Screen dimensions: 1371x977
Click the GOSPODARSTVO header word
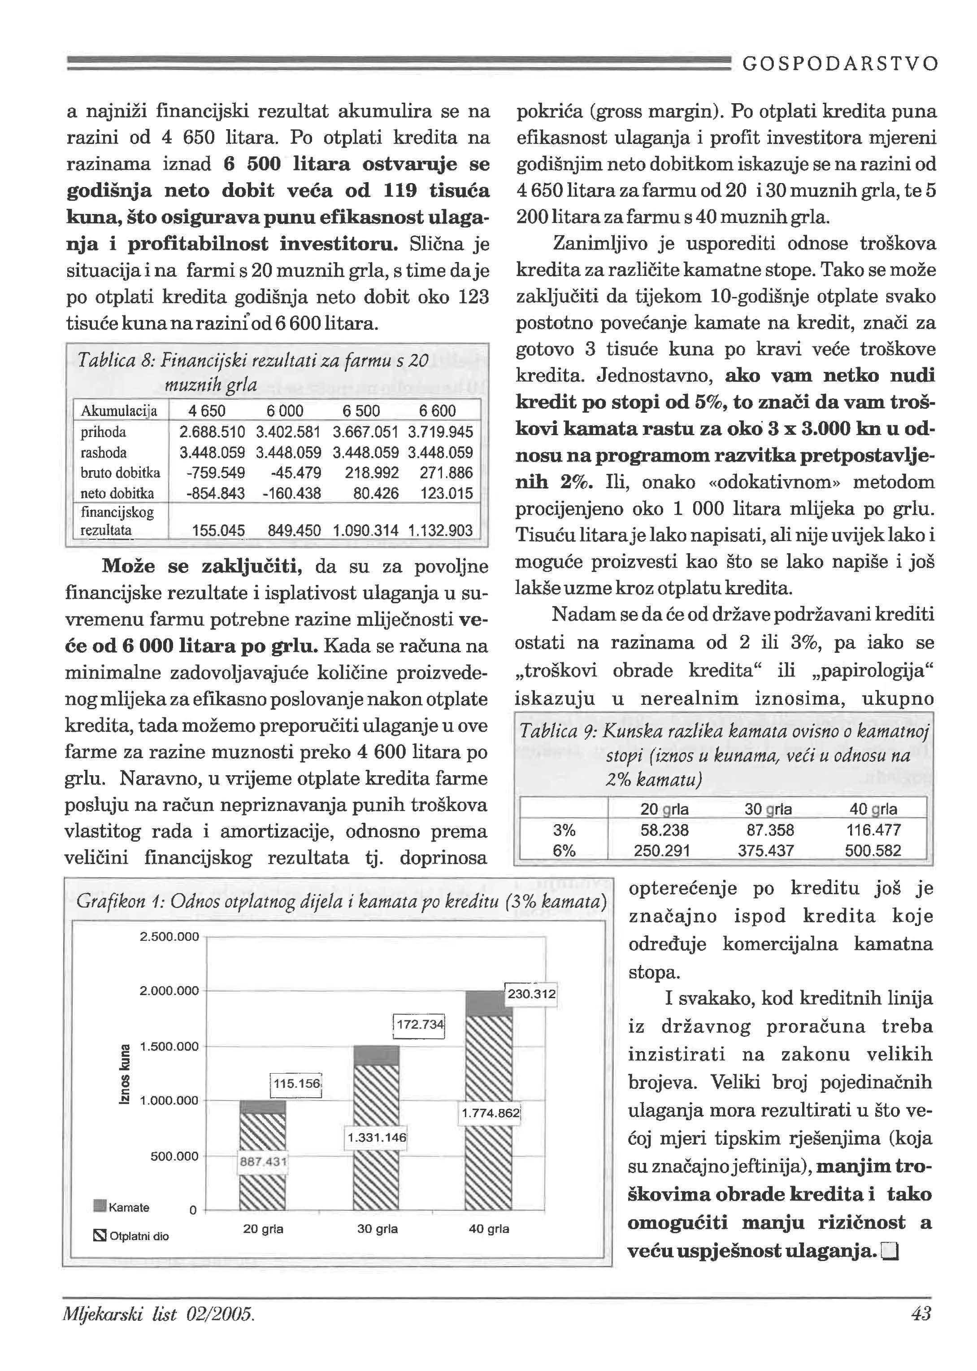840,64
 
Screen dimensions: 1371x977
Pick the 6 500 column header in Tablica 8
361,411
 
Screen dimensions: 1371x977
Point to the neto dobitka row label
117,493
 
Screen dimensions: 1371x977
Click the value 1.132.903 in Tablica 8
440,530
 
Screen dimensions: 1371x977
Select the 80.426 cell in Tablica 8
376,493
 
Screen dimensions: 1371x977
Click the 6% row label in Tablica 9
564,851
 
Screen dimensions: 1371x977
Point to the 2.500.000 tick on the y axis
169,937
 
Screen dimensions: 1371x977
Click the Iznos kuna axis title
125,1073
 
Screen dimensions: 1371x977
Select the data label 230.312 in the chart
532,994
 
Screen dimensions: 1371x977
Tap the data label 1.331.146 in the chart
377,1137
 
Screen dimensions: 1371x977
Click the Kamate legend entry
123,1207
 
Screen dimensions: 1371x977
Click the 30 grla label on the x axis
377,1229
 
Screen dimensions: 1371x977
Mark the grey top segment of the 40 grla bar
489,1003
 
